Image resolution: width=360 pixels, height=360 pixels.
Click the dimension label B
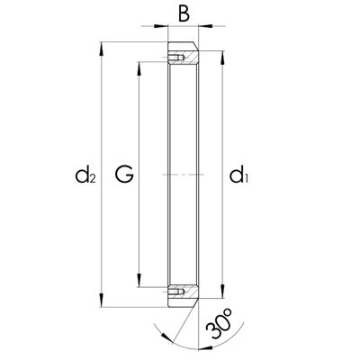click(184, 14)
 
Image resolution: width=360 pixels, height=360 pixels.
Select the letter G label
click(124, 175)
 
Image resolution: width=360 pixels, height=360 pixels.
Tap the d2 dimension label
click(85, 175)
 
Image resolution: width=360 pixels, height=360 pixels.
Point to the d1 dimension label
click(239, 175)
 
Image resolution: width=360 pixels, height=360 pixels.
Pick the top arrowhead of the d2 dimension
click(102, 49)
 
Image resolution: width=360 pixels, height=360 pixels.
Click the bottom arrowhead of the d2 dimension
click(102, 301)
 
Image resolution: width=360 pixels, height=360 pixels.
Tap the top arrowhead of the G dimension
click(139, 69)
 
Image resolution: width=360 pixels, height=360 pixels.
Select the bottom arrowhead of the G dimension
click(139, 280)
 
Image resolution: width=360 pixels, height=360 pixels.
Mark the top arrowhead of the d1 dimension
click(222, 58)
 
